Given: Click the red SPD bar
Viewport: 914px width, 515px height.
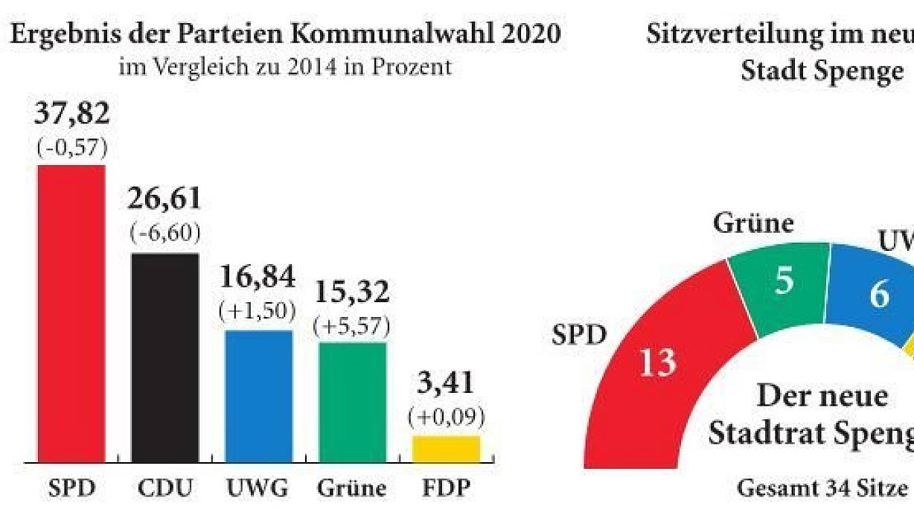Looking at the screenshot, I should (71, 313).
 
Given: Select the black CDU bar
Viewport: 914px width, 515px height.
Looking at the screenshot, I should (165, 357).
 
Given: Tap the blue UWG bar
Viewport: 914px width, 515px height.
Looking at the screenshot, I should (258, 396).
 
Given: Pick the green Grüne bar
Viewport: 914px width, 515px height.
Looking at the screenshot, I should (352, 402).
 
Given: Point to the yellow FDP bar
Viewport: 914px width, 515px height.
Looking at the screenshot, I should (446, 449).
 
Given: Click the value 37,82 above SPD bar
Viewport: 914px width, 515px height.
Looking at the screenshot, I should (72, 115).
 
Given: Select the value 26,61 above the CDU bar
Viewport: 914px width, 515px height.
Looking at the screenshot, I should (164, 199).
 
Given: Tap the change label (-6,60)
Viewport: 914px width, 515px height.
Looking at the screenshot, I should (164, 234).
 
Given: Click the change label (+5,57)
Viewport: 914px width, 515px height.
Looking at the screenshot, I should (352, 325).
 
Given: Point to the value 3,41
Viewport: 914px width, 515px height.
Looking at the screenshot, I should (446, 385).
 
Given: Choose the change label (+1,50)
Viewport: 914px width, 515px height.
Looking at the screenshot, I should (258, 312).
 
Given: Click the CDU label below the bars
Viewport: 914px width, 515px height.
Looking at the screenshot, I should (165, 489).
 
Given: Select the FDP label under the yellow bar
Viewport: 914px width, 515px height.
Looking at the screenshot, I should (446, 489).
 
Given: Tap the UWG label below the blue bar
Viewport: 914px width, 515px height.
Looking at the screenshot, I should (258, 489).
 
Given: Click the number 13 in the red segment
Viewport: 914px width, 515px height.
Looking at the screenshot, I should (659, 362).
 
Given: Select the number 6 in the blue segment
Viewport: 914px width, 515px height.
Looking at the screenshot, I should (879, 295).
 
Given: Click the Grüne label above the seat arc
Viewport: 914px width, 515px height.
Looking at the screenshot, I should (753, 223).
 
